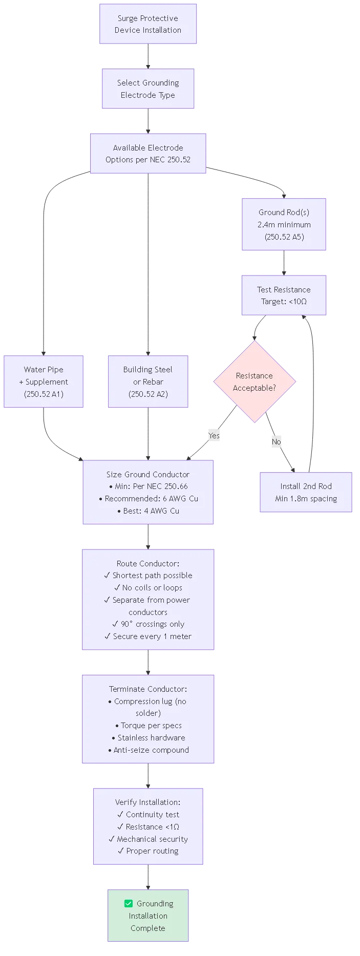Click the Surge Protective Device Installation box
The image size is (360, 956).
(148, 24)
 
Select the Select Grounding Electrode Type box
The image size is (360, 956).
(148, 89)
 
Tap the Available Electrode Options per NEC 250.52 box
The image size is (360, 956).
(148, 154)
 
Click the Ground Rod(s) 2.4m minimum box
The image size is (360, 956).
(284, 224)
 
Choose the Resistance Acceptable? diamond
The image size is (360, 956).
(255, 382)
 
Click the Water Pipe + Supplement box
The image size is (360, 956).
(44, 381)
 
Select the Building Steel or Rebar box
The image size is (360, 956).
(148, 381)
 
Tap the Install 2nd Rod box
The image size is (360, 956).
(306, 493)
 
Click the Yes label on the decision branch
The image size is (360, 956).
(214, 436)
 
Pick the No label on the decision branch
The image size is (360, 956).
(277, 442)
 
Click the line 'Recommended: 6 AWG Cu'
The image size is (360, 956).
(149, 499)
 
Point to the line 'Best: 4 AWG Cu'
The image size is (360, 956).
(149, 511)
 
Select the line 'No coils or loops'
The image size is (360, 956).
(149, 588)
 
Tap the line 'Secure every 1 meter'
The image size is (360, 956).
(149, 636)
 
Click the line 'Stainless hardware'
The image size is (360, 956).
(149, 738)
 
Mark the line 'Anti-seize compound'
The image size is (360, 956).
(149, 750)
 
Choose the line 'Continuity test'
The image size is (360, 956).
(149, 815)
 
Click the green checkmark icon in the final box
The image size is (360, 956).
(129, 904)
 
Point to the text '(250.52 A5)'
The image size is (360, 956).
(284, 237)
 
